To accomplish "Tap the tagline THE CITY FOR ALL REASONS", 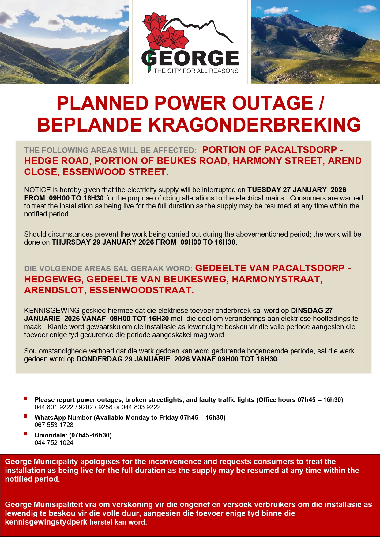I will (196, 71).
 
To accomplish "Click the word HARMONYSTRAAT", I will (277, 279).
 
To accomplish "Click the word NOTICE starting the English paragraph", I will (37, 190).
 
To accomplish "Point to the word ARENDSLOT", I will (54, 290).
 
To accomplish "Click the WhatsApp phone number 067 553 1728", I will (54, 425).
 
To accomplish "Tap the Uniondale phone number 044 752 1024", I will (54, 443).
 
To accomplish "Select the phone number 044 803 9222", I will (141, 407).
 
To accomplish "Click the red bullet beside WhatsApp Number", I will (25, 416).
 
